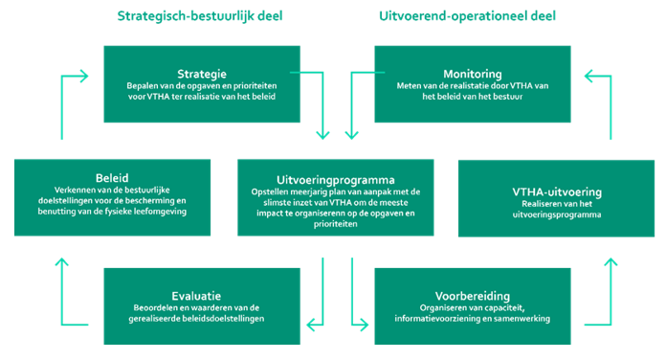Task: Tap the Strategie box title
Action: click(201, 73)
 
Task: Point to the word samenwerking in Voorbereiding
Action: click(516, 318)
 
